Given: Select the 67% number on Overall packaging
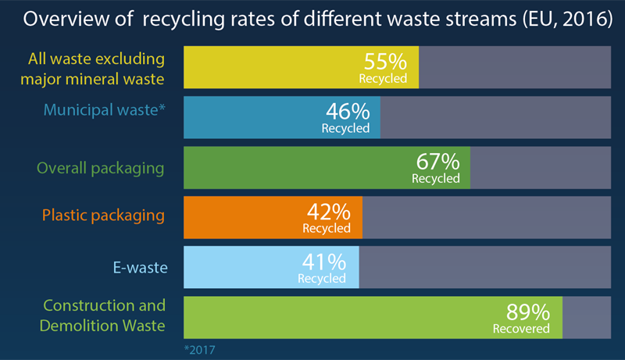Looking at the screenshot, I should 437,162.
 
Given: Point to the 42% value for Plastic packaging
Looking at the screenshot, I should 329,212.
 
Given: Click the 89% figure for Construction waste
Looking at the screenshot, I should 529,313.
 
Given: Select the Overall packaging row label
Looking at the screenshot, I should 101,167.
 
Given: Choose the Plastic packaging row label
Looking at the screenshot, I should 104,216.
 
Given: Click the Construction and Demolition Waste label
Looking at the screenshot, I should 105,315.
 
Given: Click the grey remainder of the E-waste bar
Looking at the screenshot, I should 484,267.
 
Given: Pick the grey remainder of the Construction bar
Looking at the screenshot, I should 586,317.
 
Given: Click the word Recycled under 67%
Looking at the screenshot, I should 436,179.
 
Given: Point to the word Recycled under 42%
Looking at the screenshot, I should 327,229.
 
